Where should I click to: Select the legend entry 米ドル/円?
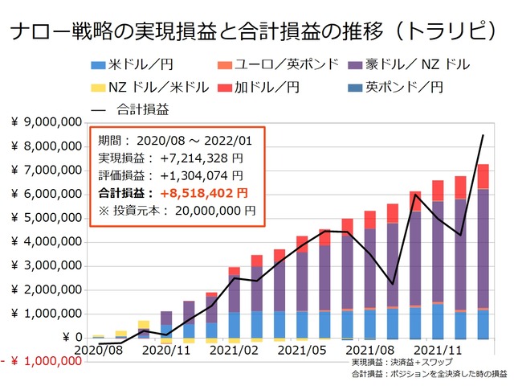(141, 64)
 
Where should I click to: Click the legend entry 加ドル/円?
(272, 86)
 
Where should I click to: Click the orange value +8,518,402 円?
(202, 193)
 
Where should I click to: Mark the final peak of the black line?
(482, 135)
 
